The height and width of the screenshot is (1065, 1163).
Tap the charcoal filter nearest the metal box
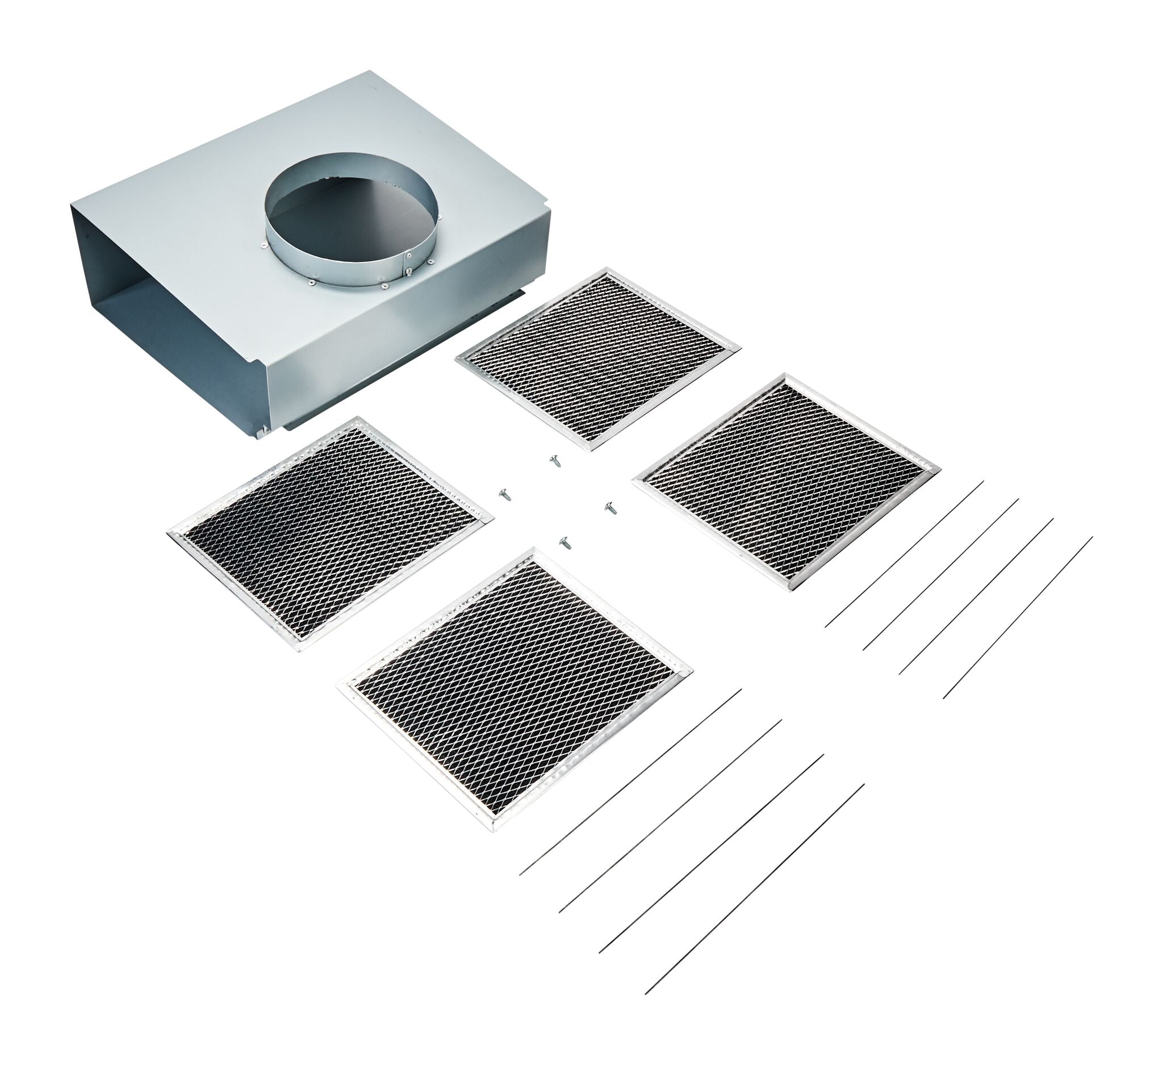(x=597, y=358)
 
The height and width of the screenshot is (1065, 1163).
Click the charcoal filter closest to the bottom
(x=514, y=687)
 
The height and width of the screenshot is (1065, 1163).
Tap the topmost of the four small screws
(x=554, y=460)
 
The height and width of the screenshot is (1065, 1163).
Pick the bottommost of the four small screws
(x=565, y=542)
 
